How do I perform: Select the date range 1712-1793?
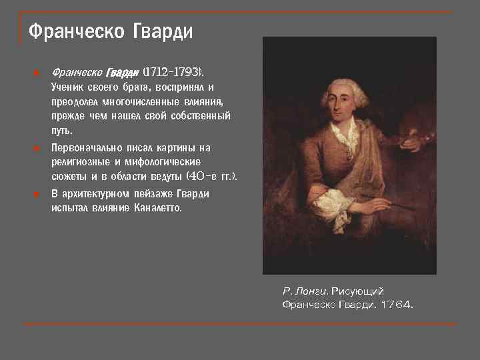point(174,71)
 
